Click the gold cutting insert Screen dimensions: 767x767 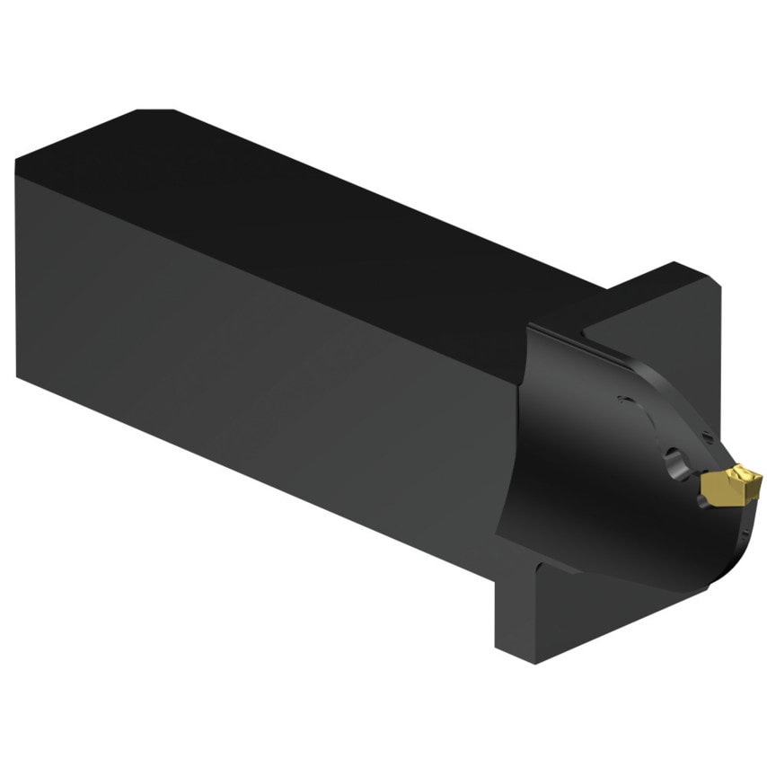click(x=731, y=486)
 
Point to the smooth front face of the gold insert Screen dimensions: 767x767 click(x=719, y=492)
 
